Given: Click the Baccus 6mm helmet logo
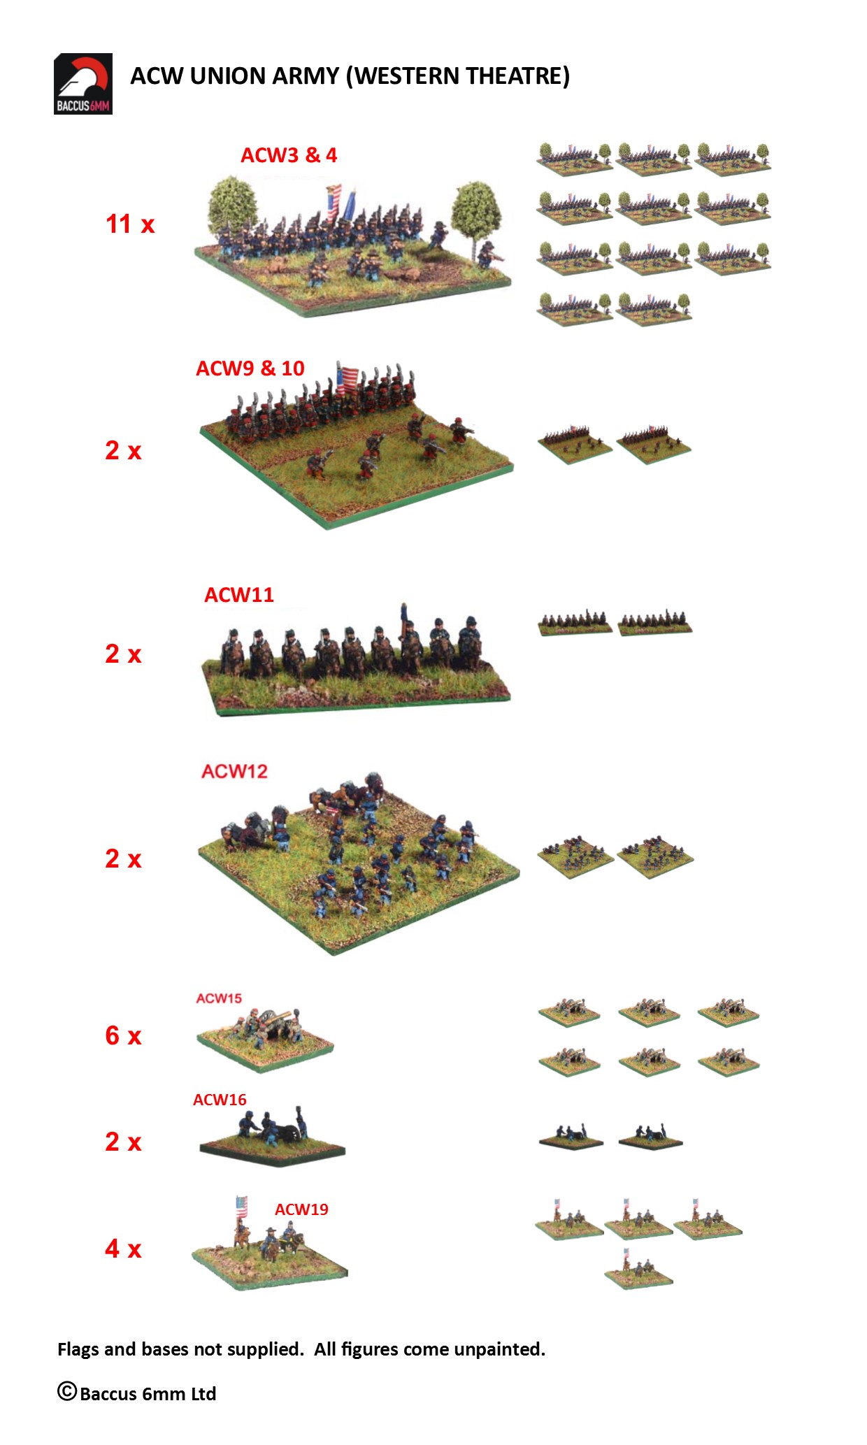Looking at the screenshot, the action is coord(83,84).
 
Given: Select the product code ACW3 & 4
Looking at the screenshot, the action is coord(289,155).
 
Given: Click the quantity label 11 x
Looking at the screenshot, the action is coord(130,224).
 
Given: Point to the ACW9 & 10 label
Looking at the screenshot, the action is coord(250,368).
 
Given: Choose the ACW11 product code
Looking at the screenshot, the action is coord(239,595).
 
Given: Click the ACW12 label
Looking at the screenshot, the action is coord(234,771).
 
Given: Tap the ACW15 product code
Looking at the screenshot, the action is coord(219,998).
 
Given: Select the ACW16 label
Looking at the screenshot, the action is coord(220,1100).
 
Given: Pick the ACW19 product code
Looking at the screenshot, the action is coord(301,1209).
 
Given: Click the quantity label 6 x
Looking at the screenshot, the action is coord(123,1035).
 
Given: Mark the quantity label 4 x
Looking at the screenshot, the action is coord(123,1249).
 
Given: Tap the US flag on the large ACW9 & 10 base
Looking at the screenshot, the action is coord(347,379).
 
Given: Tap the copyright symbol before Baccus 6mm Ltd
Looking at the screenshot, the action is coord(67,1391).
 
